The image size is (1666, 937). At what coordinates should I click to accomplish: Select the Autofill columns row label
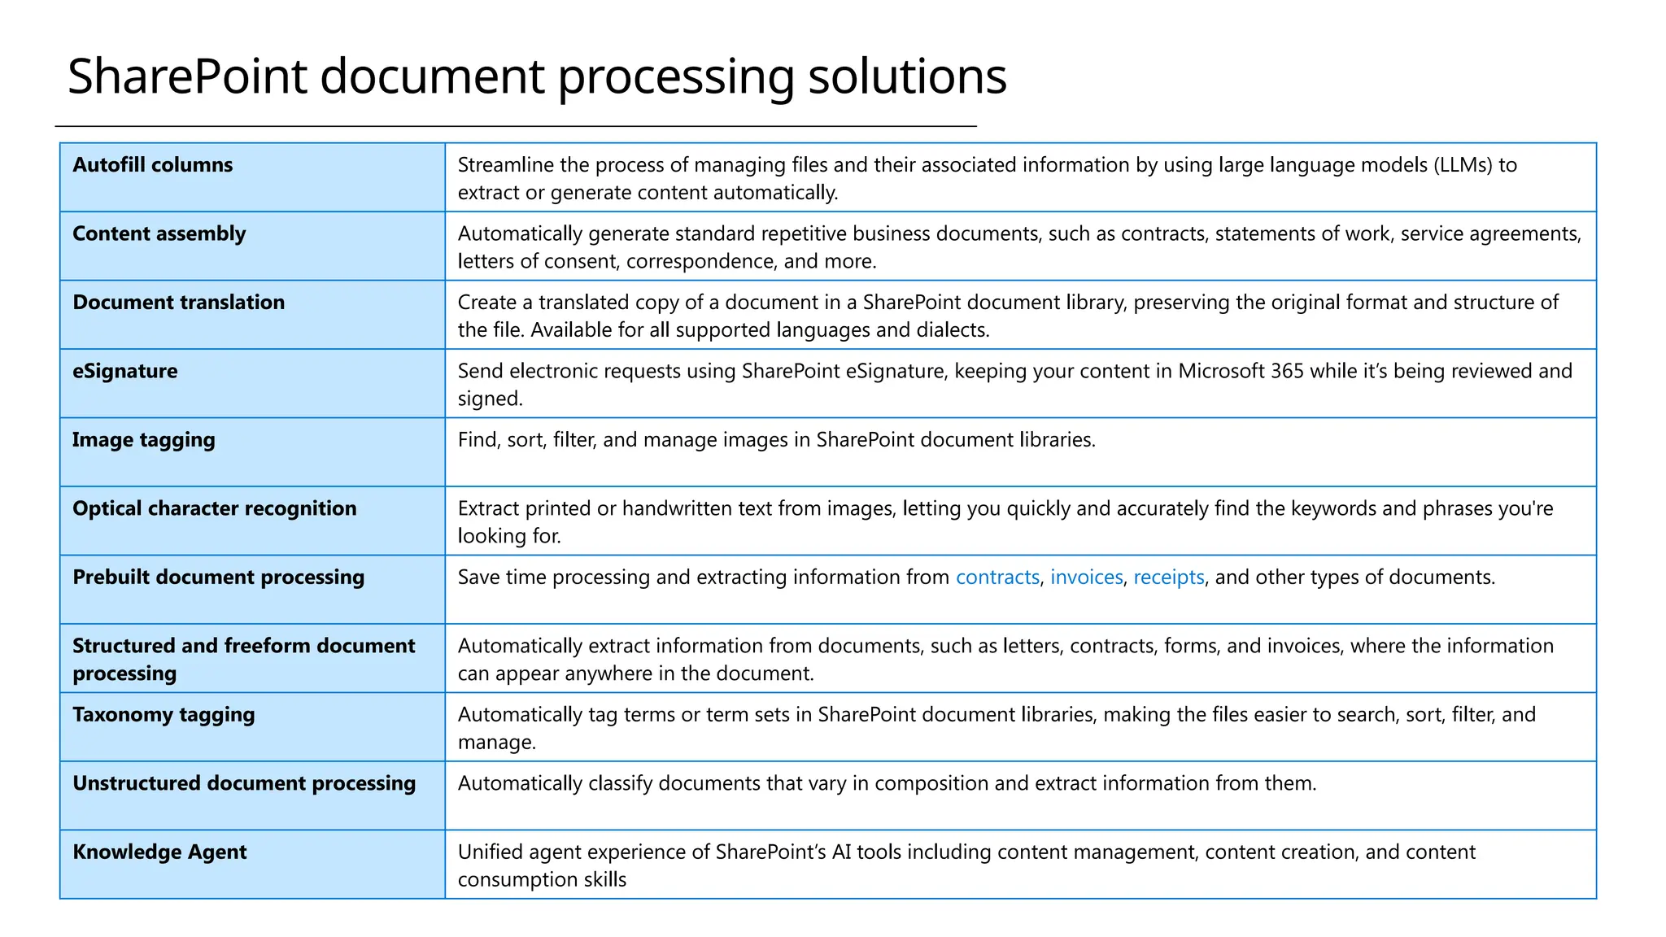(152, 165)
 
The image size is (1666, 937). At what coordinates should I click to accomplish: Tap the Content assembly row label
(159, 234)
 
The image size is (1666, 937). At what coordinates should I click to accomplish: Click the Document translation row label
(178, 303)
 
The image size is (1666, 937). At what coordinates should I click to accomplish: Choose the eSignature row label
(124, 372)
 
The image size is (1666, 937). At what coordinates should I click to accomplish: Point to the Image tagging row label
(143, 440)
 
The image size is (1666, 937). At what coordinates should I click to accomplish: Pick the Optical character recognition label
(214, 509)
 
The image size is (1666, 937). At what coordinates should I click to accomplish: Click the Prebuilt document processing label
(218, 577)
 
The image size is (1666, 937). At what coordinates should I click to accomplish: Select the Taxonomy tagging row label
(164, 715)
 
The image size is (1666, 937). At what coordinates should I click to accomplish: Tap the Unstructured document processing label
(243, 783)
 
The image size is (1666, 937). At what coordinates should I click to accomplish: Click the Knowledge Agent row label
(159, 852)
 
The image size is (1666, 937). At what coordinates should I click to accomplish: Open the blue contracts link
(997, 577)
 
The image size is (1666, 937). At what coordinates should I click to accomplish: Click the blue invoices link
(1086, 577)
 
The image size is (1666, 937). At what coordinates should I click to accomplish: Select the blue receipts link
(1168, 577)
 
